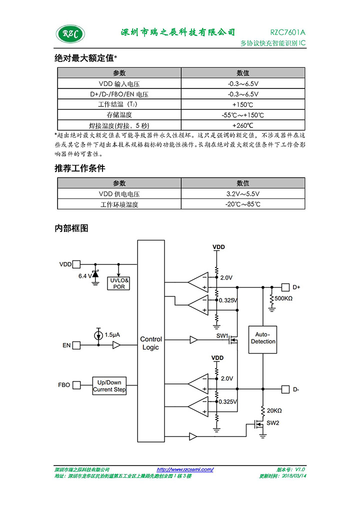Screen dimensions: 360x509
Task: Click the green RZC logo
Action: tap(70, 34)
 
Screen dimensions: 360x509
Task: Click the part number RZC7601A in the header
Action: tap(287, 32)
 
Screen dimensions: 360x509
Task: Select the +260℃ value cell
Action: tap(243, 125)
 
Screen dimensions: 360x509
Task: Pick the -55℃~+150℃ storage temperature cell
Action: tap(243, 115)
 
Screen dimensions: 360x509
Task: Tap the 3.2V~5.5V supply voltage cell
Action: tap(243, 194)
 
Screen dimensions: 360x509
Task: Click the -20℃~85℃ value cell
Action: tap(243, 204)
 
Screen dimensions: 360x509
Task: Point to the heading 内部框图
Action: tap(71, 228)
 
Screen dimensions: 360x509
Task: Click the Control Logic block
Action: tap(151, 341)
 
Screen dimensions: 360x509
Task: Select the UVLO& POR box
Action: tap(119, 283)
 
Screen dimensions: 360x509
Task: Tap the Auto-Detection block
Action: tap(262, 339)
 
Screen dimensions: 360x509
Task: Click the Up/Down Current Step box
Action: tap(109, 385)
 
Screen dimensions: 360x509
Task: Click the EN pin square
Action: tap(76, 345)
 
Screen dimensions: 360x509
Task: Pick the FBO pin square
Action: tap(76, 385)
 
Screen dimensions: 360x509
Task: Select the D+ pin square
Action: tap(285, 287)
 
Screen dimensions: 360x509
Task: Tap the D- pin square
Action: tap(285, 389)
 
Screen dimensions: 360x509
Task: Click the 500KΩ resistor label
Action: tap(283, 298)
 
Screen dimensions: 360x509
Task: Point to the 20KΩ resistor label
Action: tap(274, 410)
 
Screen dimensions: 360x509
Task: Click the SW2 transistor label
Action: tap(272, 423)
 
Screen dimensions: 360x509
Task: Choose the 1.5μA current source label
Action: tap(112, 334)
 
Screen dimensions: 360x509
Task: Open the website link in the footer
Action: tap(185, 469)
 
